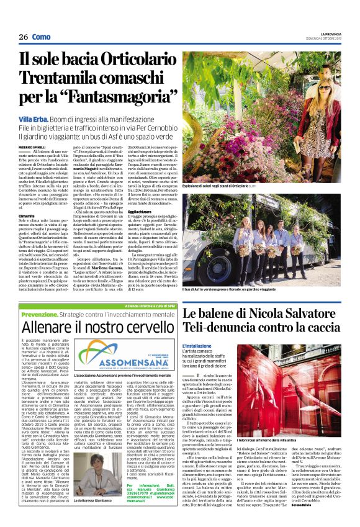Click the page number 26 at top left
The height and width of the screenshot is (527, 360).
click(x=23, y=38)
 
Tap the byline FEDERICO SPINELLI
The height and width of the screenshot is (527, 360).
click(x=32, y=147)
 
